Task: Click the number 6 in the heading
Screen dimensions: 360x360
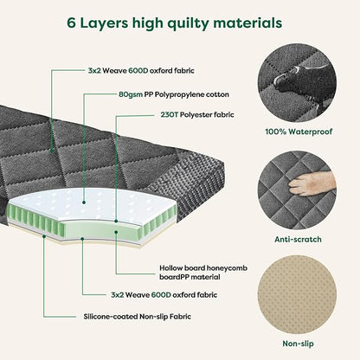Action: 71,23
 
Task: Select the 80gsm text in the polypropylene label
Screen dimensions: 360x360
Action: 131,95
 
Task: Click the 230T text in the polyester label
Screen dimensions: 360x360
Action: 170,115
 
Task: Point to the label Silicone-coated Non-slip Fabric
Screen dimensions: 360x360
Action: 138,317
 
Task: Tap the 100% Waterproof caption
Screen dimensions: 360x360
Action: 299,132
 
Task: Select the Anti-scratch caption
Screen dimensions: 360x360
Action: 298,240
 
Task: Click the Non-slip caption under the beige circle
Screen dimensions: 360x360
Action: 298,344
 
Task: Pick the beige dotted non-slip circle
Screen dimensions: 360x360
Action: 297,295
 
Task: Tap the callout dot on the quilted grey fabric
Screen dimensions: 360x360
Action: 52,151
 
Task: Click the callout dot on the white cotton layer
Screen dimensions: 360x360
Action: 84,202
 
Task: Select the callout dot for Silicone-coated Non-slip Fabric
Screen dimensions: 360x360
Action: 44,236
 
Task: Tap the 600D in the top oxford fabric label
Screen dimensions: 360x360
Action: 138,71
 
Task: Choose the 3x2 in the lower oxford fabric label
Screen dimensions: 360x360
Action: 117,295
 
